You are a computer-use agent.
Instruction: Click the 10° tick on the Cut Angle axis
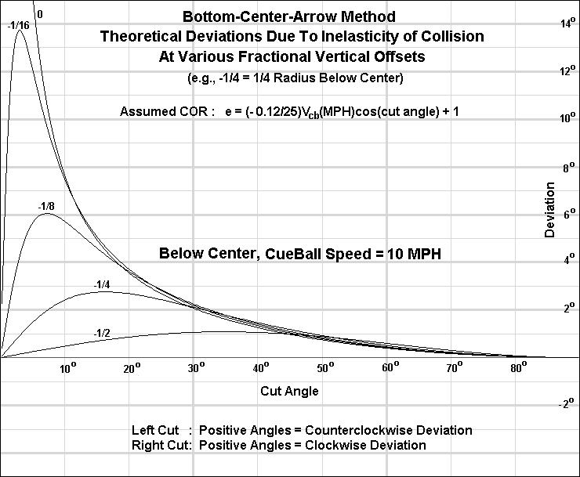[69, 367]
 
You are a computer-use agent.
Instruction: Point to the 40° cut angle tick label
[262, 367]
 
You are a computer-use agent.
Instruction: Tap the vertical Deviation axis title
[550, 209]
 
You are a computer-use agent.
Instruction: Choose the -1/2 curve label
[102, 333]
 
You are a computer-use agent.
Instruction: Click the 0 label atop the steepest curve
[40, 14]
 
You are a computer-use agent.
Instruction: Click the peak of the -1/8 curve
[48, 214]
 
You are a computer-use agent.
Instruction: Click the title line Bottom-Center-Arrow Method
[289, 16]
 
